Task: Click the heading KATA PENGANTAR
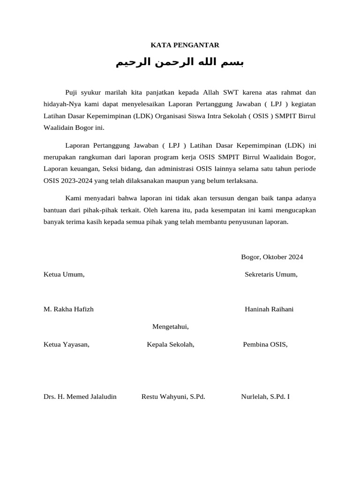tap(185, 45)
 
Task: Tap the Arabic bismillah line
tap(180, 63)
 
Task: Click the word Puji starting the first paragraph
tap(72, 93)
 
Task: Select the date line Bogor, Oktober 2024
tap(272, 257)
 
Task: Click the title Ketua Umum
tap(64, 274)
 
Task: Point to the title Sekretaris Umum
tap(271, 274)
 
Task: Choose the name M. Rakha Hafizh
tap(68, 309)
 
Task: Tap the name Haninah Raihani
tap(269, 309)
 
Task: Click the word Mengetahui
tap(171, 326)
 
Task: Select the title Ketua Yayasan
tap(66, 345)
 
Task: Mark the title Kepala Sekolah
tap(171, 345)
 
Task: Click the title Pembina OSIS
tap(265, 345)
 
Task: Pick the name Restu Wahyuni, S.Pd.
tap(173, 397)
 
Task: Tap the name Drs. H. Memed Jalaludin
tap(80, 397)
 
